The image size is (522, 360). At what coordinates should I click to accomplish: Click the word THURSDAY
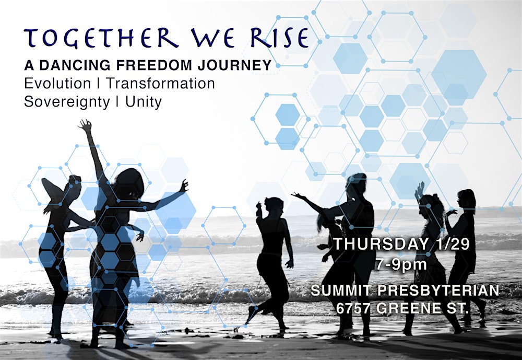point(376,244)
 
